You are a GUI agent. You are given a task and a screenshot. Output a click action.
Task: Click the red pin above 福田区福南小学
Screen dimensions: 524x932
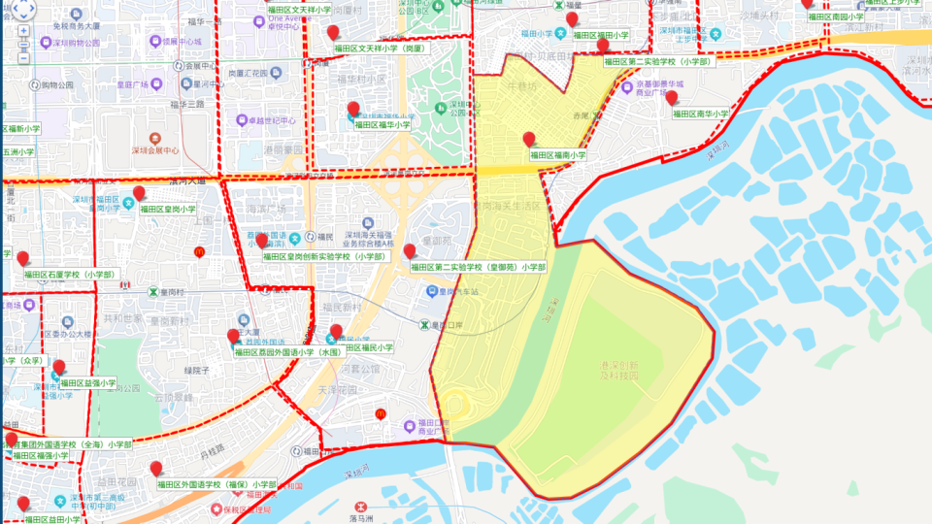pyautogui.click(x=529, y=140)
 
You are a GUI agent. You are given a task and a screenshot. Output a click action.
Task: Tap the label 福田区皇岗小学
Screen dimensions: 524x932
pyautogui.click(x=168, y=209)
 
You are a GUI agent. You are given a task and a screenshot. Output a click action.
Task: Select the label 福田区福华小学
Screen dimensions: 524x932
pyautogui.click(x=383, y=125)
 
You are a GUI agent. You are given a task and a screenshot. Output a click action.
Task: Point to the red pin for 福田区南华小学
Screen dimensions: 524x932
pyautogui.click(x=671, y=98)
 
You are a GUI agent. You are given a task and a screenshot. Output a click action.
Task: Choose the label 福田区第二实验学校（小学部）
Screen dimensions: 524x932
pyautogui.click(x=657, y=61)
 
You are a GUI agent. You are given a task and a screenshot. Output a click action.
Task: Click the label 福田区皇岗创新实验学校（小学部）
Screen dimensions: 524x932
pyautogui.click(x=324, y=257)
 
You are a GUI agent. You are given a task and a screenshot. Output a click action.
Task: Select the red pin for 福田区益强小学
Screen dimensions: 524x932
pyautogui.click(x=59, y=368)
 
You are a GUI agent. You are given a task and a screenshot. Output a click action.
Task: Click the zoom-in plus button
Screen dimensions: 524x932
pyautogui.click(x=23, y=31)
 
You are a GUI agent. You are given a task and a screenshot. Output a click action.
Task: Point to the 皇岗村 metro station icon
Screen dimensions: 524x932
pyautogui.click(x=152, y=292)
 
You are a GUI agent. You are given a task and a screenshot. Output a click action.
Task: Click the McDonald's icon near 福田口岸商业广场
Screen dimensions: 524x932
pyautogui.click(x=381, y=414)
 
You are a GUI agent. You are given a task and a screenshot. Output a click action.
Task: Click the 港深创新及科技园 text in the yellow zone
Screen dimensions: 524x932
pyautogui.click(x=618, y=371)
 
